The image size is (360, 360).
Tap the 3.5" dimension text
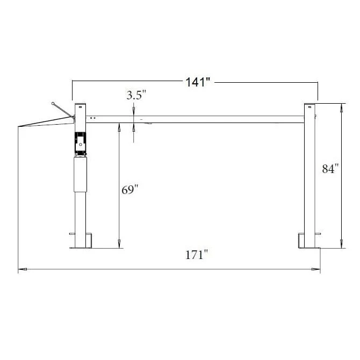pos(136,96)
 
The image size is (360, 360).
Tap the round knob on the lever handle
pos(53,102)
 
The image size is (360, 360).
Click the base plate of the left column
pos(81,248)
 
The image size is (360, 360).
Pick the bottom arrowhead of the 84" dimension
pos(341,246)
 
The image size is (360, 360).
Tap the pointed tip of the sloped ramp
pos(19,127)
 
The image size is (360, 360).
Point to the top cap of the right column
pos(309,104)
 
